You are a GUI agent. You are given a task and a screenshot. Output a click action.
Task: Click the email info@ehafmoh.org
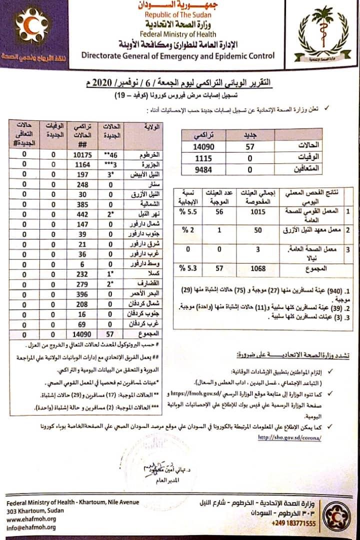(x=31, y=526)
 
